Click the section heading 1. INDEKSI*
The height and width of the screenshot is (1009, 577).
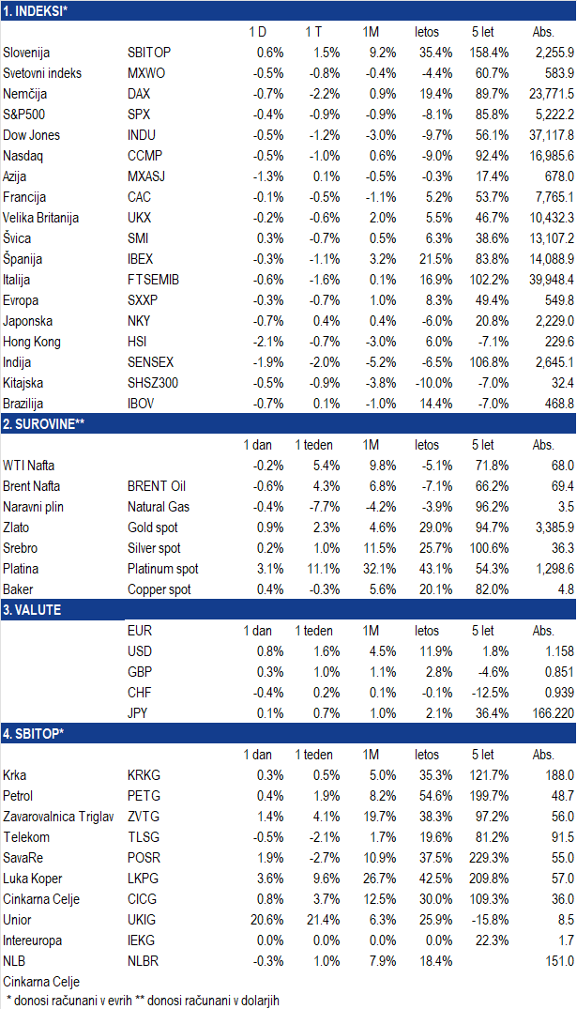point(36,10)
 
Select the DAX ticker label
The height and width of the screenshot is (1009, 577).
point(139,94)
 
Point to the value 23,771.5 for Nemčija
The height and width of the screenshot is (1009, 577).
point(552,94)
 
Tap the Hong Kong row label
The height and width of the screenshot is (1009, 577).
point(32,342)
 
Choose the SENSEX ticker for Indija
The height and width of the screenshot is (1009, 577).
point(150,362)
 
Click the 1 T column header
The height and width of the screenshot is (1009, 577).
point(314,32)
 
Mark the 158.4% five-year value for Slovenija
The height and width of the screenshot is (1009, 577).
point(489,53)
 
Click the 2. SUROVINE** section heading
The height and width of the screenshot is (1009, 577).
point(44,423)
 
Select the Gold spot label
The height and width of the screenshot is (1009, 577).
point(152,527)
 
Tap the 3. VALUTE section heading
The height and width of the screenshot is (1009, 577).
point(32,609)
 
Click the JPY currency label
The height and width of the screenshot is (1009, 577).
point(138,713)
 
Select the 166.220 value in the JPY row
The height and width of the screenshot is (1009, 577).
point(554,713)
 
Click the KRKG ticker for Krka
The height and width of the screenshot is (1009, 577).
point(144,775)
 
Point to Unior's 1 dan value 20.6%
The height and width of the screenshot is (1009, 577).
point(267,920)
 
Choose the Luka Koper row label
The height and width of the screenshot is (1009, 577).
point(33,879)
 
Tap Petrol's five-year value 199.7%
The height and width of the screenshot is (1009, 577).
point(489,796)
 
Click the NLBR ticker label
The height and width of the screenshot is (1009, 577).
point(143,961)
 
